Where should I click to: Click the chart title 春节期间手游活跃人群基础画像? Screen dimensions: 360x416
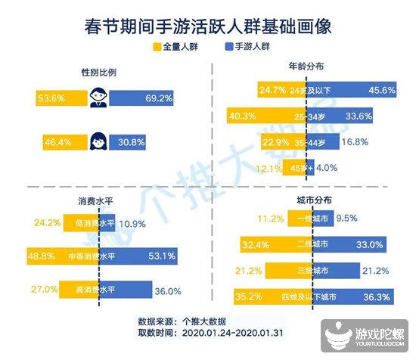[x=208, y=26]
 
